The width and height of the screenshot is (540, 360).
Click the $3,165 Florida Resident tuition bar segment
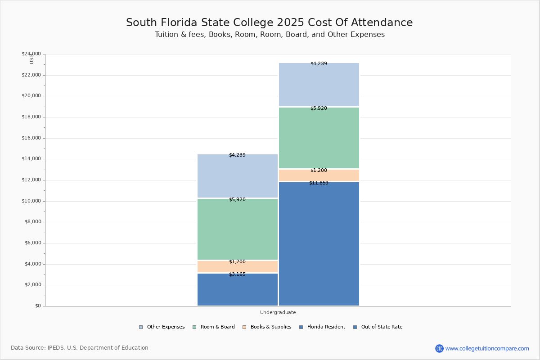[x=238, y=290]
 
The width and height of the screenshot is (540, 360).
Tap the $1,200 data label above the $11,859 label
[x=319, y=171]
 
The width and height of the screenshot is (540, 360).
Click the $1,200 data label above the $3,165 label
[x=237, y=262]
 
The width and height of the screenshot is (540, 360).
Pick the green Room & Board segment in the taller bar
[x=319, y=138]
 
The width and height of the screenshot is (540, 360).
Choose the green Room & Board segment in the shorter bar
[x=238, y=229]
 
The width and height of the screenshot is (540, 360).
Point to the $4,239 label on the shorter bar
[x=237, y=155]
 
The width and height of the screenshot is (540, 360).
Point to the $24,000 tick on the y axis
[x=31, y=54]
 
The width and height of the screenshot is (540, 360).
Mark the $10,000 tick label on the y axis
[x=31, y=201]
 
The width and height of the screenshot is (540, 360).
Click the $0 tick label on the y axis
[x=37, y=306]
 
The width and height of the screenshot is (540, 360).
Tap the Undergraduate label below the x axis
[x=278, y=312]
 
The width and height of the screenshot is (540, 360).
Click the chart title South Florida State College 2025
[x=269, y=23]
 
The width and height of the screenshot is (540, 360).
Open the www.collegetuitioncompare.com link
[x=487, y=348]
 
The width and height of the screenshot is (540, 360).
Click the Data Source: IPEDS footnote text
[x=80, y=348]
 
